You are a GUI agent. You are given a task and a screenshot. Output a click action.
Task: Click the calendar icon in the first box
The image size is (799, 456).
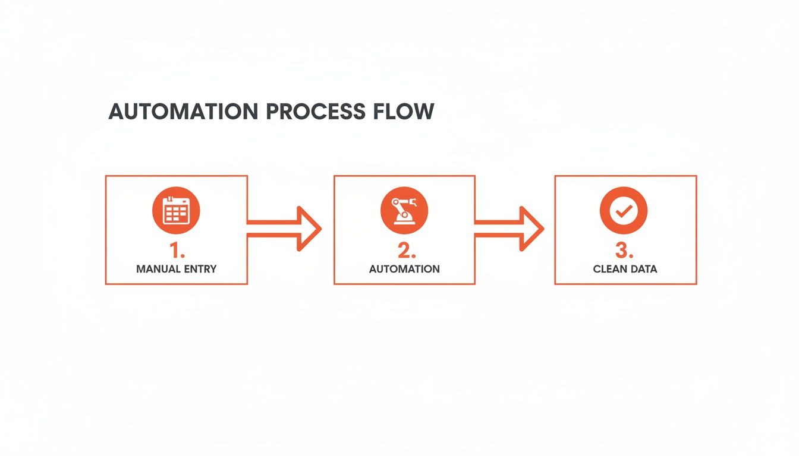(176, 211)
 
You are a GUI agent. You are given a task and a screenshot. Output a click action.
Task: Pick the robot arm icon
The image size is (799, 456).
(404, 211)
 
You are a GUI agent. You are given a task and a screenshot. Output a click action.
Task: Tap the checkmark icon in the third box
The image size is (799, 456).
(624, 211)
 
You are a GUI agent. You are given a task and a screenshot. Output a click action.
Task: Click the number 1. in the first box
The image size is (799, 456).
(177, 251)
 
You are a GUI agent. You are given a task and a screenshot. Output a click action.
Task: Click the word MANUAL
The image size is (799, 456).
(158, 269)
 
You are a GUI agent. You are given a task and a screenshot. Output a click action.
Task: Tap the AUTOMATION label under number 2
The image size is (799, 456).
(404, 269)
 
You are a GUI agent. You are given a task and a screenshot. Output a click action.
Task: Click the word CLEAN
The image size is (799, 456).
(609, 269)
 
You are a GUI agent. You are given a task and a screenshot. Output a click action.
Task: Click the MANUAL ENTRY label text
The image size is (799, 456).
(177, 269)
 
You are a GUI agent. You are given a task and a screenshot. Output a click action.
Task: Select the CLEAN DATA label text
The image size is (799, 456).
(625, 269)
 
